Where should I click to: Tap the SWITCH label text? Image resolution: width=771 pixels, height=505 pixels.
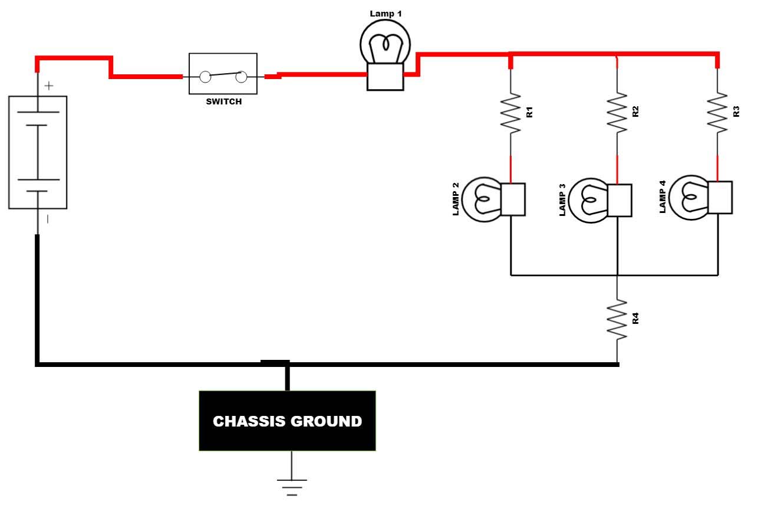(x=223, y=101)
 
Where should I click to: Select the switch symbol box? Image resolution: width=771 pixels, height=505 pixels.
(x=223, y=74)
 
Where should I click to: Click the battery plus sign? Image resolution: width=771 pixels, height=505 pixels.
(x=49, y=86)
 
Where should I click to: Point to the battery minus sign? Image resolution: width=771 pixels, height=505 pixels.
(x=48, y=219)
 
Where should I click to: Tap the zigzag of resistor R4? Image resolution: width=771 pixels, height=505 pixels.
(x=617, y=319)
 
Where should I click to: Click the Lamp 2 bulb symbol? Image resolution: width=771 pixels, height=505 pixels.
(x=493, y=199)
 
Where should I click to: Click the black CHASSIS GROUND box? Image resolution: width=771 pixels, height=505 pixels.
(x=287, y=421)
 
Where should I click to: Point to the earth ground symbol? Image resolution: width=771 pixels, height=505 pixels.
(x=292, y=486)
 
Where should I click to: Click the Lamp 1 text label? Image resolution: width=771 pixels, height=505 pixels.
(x=385, y=13)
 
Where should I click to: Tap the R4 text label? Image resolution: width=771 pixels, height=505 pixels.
(x=635, y=319)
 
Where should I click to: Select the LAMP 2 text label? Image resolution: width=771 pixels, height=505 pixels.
(x=456, y=199)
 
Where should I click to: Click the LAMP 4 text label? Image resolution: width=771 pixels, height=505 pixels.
(x=663, y=197)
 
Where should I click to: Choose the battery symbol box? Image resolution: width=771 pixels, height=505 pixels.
(x=38, y=152)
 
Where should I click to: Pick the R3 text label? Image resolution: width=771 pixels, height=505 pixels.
(x=736, y=112)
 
